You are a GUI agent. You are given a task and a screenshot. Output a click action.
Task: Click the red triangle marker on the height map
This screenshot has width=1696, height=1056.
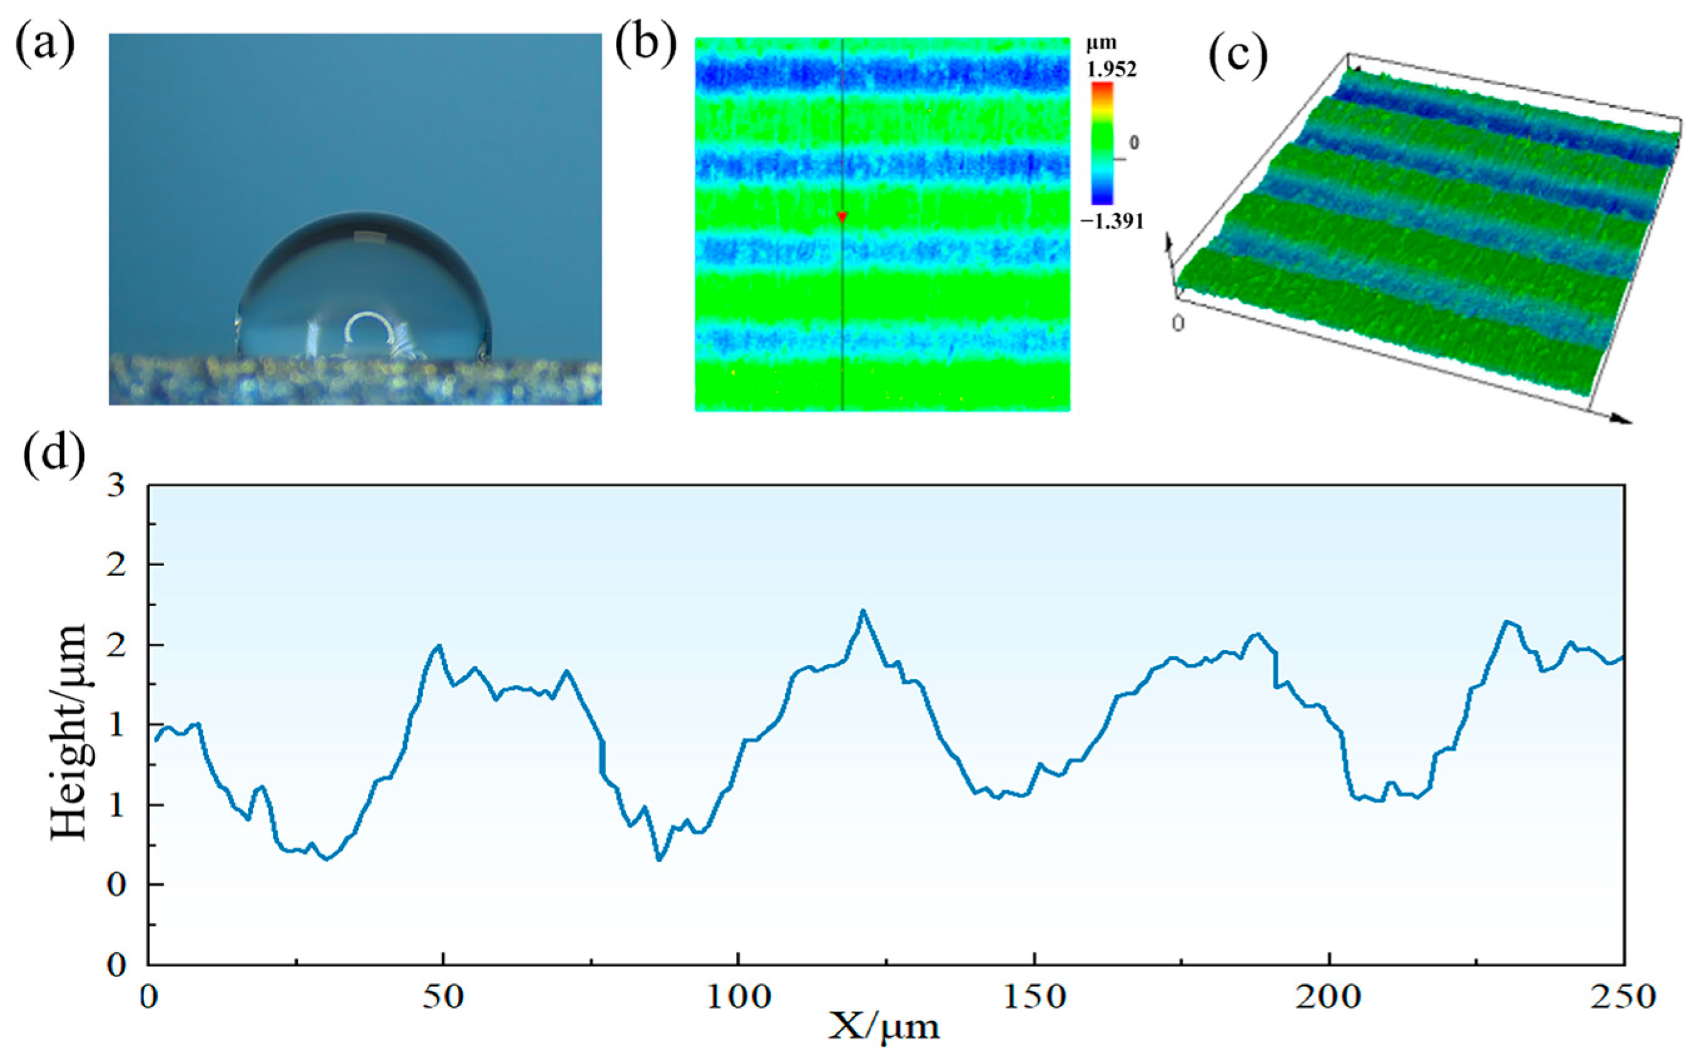(x=842, y=217)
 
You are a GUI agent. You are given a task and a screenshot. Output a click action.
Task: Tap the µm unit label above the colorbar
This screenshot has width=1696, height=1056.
(x=1101, y=43)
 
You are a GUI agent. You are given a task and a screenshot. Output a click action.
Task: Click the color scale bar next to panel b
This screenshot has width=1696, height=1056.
(x=1102, y=143)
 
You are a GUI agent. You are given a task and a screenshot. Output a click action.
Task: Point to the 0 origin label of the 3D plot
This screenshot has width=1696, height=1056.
(x=1178, y=323)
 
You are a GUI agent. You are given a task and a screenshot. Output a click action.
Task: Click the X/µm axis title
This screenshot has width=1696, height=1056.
(x=884, y=1027)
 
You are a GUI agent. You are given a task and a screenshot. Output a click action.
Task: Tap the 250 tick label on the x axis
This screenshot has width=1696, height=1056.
(x=1622, y=997)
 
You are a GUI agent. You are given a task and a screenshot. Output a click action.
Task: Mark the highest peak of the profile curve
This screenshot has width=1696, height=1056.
(x=864, y=611)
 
